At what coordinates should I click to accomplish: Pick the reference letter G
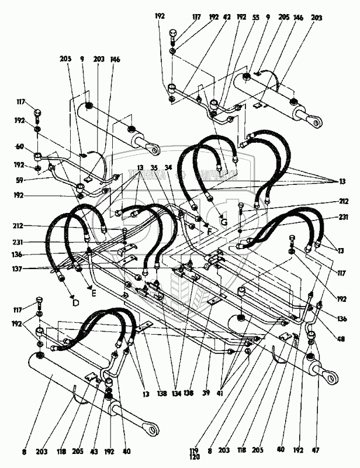tap(223, 222)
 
